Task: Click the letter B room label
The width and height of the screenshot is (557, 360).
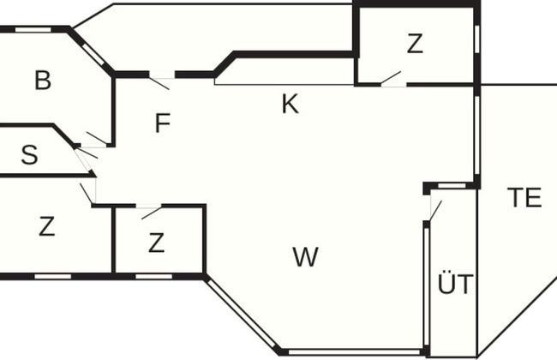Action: tap(43, 80)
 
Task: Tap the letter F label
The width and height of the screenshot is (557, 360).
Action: tap(163, 123)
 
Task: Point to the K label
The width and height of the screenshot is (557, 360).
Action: tap(290, 104)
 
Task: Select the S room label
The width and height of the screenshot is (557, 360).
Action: tap(29, 155)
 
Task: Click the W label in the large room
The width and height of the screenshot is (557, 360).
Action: tap(306, 257)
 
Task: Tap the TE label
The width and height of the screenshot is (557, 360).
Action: tap(524, 198)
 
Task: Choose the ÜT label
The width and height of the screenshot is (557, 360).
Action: tap(455, 283)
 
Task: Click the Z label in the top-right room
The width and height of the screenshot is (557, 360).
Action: tap(415, 44)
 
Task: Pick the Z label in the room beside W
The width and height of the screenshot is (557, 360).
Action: tap(156, 243)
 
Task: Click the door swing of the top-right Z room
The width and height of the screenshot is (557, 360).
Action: tap(391, 78)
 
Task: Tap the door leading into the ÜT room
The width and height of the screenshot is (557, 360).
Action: tap(435, 210)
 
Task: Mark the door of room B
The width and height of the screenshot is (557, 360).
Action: tap(97, 139)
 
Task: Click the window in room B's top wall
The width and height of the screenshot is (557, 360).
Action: tap(33, 29)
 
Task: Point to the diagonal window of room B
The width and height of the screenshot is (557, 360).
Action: tap(93, 55)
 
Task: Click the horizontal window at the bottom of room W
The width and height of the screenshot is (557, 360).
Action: tap(354, 352)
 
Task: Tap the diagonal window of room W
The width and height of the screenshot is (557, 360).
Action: tap(241, 313)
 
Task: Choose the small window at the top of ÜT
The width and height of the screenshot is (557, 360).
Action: tap(452, 186)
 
